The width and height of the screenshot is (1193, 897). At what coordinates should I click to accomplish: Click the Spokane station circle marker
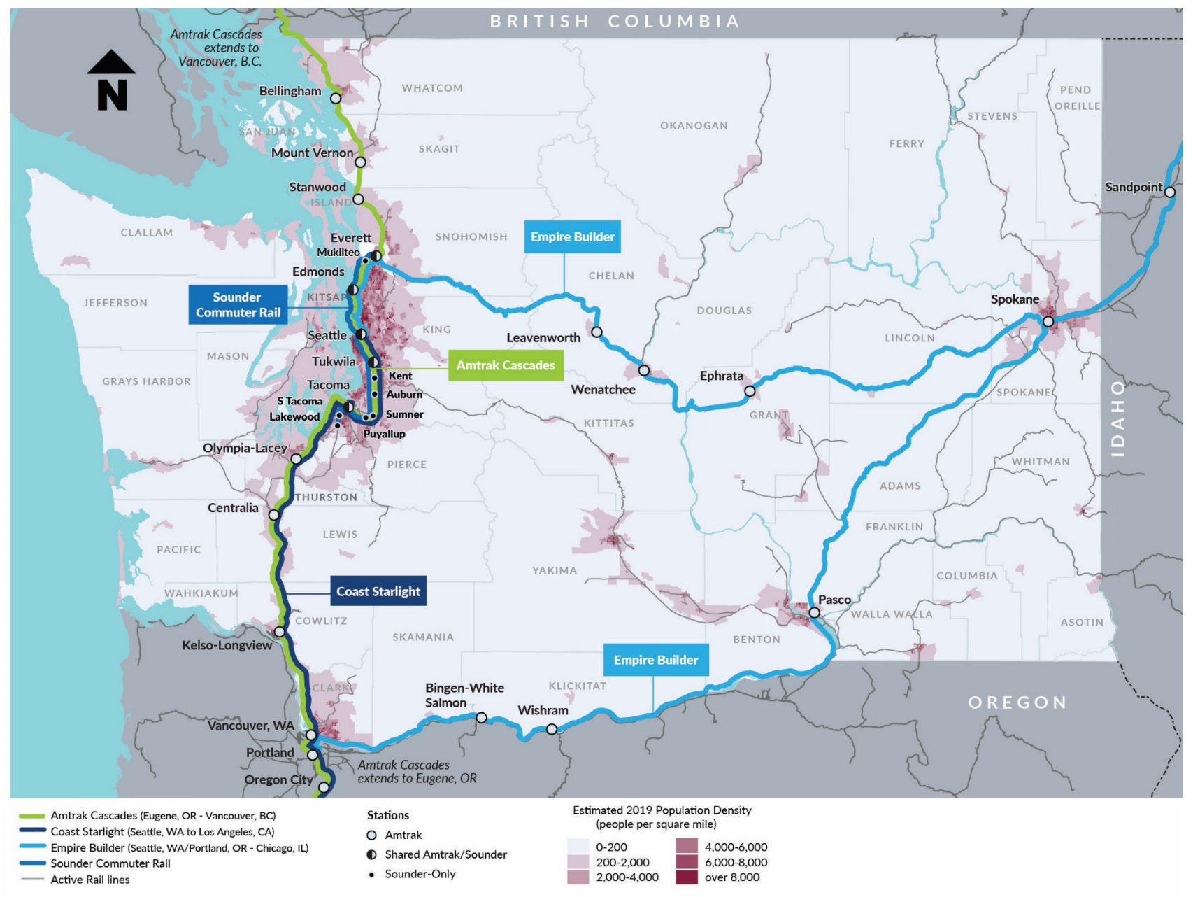coord(1048,322)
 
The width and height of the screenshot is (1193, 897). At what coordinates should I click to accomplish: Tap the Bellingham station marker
coord(336,99)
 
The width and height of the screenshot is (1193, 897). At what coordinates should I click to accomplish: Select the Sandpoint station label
coord(1133,187)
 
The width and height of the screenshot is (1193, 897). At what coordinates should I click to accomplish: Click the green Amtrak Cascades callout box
coord(505,365)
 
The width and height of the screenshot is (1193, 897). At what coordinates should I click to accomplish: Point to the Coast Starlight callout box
coord(378,591)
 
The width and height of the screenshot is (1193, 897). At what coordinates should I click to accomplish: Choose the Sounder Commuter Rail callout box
coord(238,304)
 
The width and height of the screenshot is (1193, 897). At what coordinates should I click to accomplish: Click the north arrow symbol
coord(112,80)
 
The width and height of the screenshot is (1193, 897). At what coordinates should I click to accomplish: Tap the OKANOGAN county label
coord(694,125)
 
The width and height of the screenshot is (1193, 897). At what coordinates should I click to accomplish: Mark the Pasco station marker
coord(814,612)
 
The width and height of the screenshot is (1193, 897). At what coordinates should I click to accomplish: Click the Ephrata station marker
coord(750,391)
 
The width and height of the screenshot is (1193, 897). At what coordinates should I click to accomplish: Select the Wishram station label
coord(543,710)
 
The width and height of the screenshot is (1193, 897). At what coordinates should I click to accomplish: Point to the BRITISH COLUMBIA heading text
coord(615,21)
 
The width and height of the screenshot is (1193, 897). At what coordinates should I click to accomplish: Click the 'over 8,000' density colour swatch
coord(686,877)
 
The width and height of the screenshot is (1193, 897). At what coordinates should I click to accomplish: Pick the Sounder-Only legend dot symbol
coord(372,874)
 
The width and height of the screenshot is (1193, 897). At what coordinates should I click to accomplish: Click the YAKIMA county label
coord(555,570)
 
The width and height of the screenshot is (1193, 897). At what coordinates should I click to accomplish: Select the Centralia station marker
coord(274,514)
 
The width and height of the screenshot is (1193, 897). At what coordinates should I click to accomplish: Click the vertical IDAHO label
coord(1117,418)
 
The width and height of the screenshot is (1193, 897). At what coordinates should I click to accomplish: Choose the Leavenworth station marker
coord(596,332)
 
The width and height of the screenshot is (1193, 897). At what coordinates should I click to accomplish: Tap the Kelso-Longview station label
coord(227,645)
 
